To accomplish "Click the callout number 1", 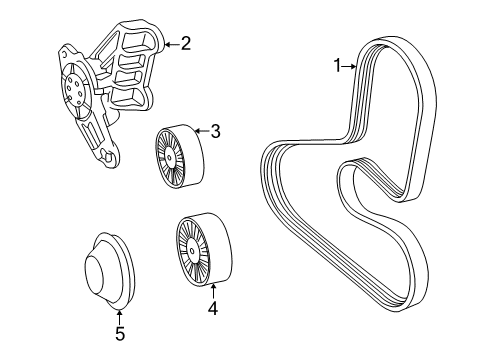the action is coord(338,66).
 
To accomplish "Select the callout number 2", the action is coord(186,43).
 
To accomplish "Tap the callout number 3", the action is coord(216,131).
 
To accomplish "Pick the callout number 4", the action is coord(213,308).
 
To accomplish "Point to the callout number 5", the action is coord(120,333).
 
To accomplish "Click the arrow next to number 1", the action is coord(349,67).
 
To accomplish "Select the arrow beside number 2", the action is coord(172,44).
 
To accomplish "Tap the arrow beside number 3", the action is coord(202,131).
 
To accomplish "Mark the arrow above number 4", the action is coord(213,291).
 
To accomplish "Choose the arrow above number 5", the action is coord(119,317).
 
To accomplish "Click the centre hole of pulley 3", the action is coord(169,158).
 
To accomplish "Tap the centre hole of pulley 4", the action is coord(192,251).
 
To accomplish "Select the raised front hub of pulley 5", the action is coord(94,272).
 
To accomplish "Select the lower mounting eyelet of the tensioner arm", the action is coord(108,157).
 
